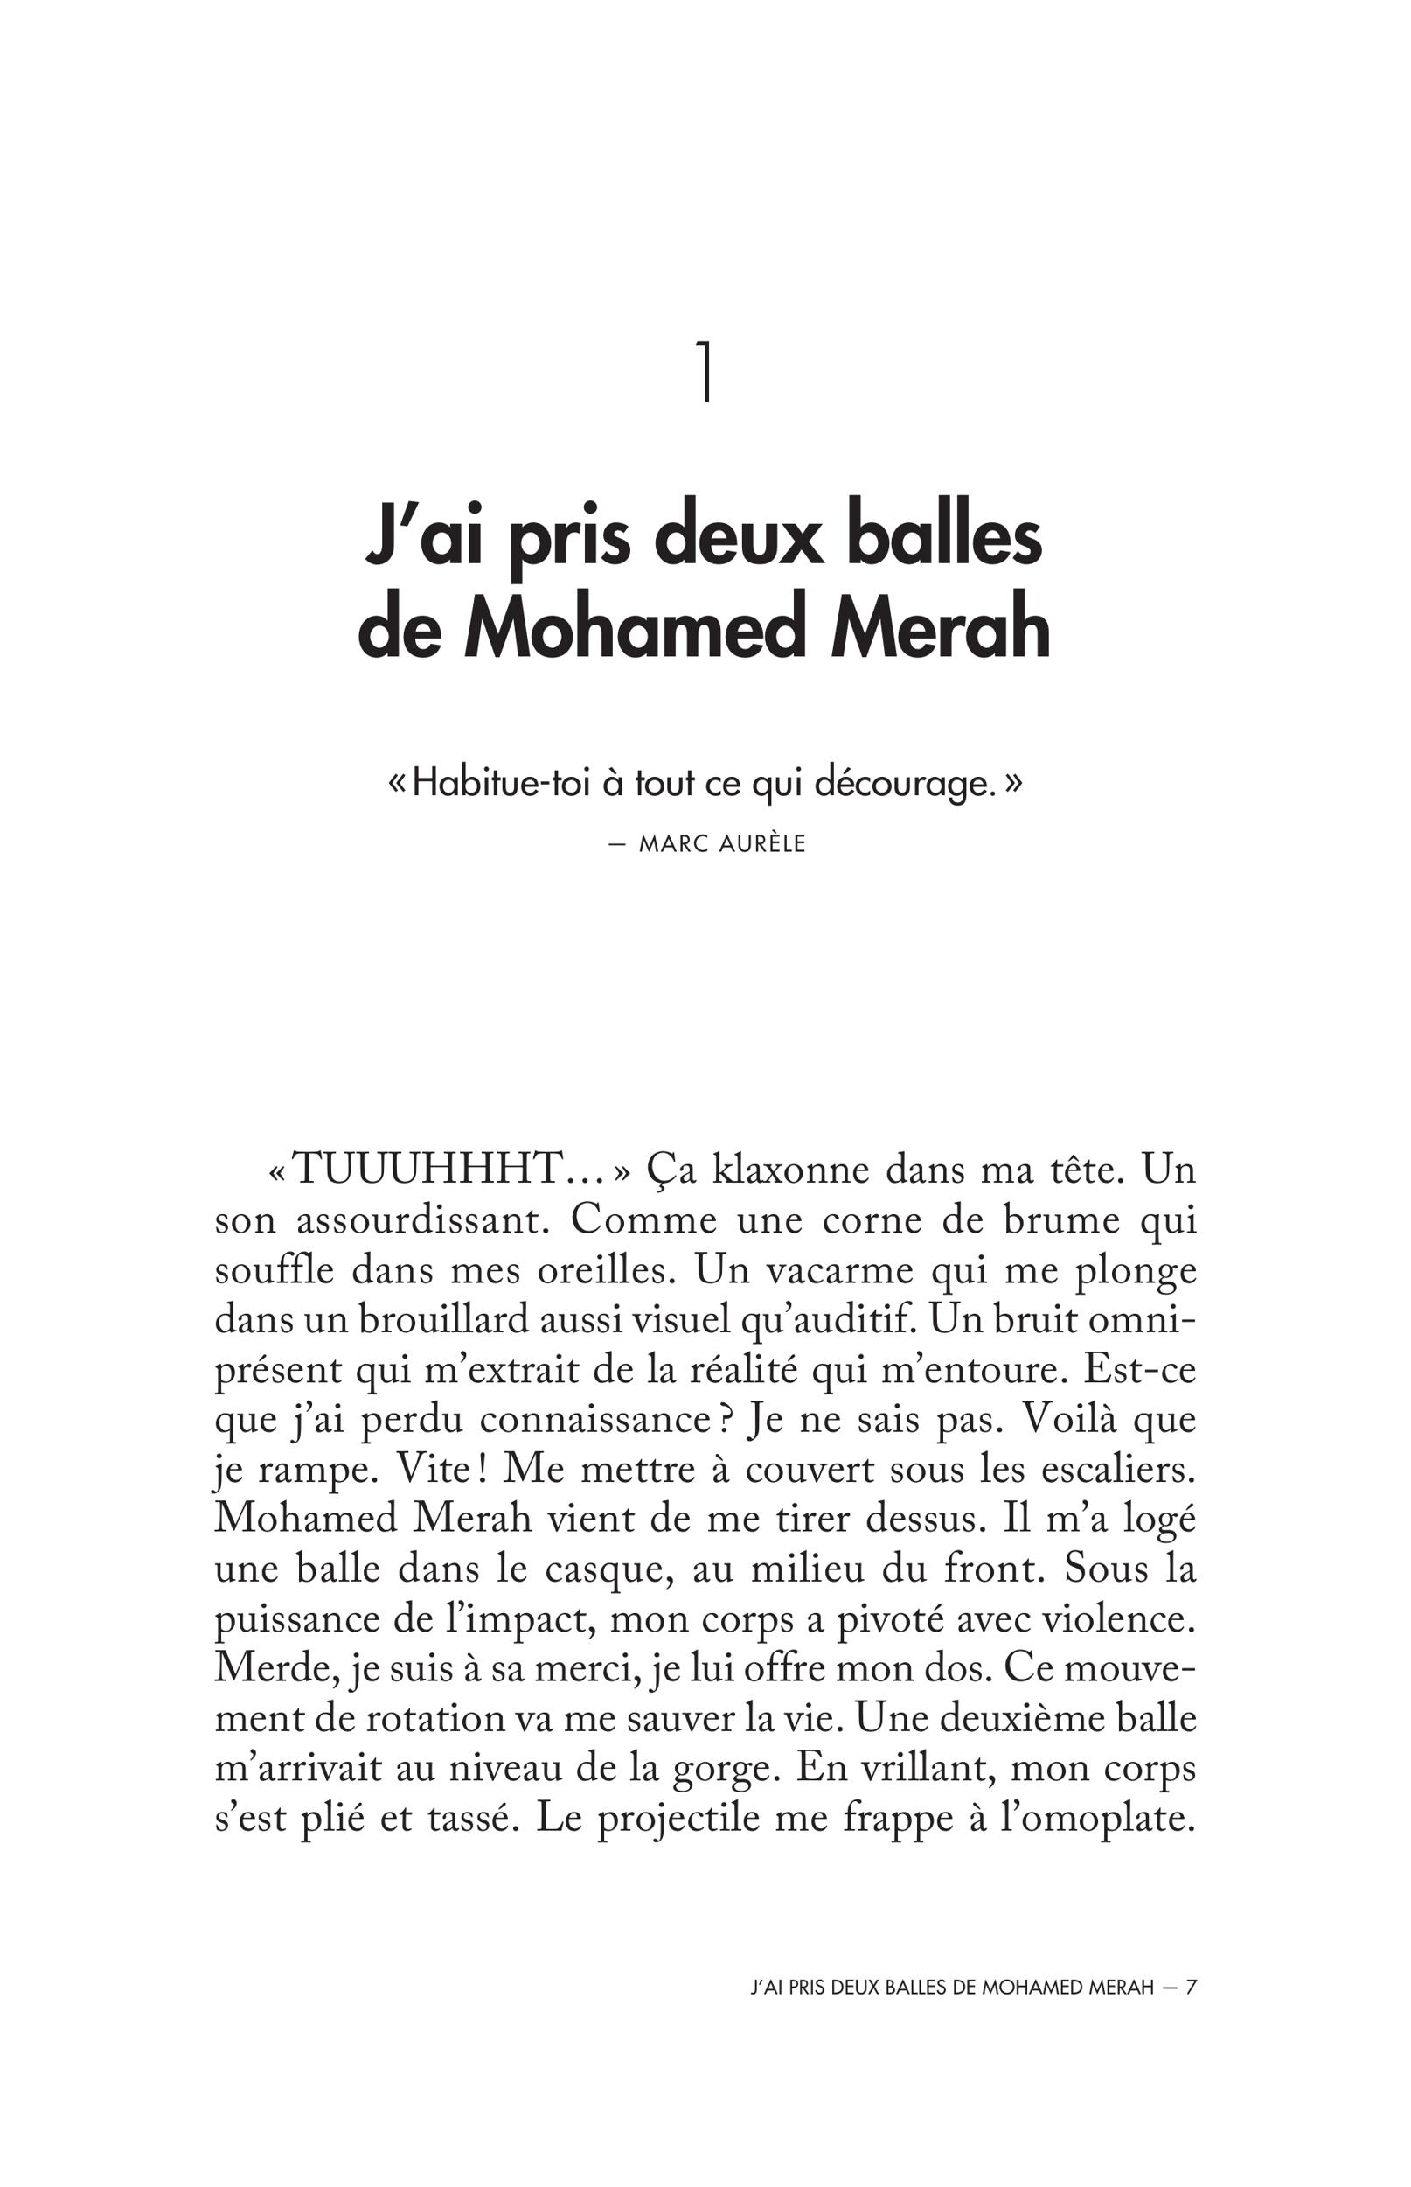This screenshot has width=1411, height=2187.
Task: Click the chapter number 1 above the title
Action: click(705, 370)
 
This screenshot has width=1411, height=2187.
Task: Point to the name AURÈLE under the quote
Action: click(762, 844)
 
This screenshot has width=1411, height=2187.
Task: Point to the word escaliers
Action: click(1119, 1470)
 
